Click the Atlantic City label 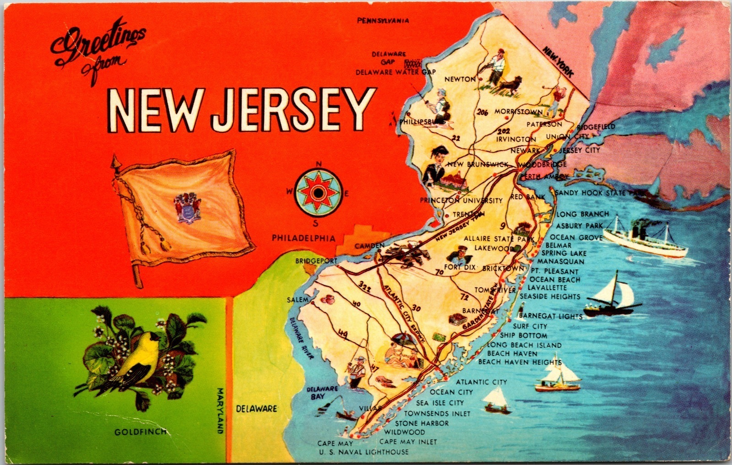coord(481,382)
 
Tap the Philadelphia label coord(303,238)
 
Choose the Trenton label coord(468,214)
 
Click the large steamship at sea coord(645,238)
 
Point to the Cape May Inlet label coord(408,442)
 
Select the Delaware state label coord(257,408)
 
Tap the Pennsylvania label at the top coord(383,21)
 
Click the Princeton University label coord(462,200)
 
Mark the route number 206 coord(483,112)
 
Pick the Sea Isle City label coord(440,403)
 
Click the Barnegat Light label coord(551,316)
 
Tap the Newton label coord(460,79)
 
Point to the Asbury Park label coord(579,226)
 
